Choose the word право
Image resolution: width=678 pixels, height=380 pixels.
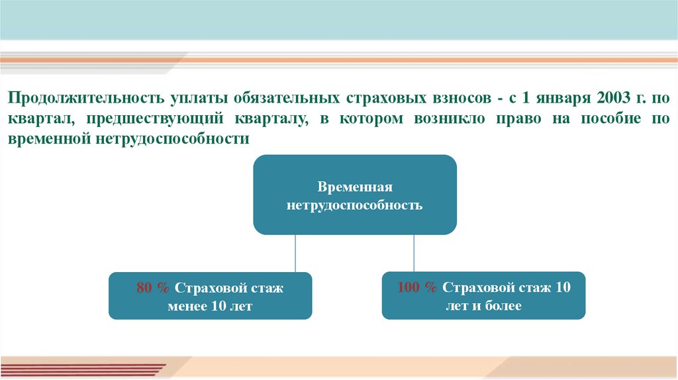tap(495, 119)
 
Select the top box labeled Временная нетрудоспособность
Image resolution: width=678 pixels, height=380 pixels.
tap(355, 195)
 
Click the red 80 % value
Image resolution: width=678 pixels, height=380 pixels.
tap(153, 288)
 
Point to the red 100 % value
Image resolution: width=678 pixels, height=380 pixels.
tap(417, 287)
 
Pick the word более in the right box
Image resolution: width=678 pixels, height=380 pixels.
tap(501, 306)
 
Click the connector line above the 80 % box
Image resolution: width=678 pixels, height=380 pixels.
tap(295, 253)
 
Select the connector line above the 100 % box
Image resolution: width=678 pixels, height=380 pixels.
tap(414, 253)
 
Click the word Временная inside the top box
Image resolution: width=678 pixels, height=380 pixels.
tap(355, 187)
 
